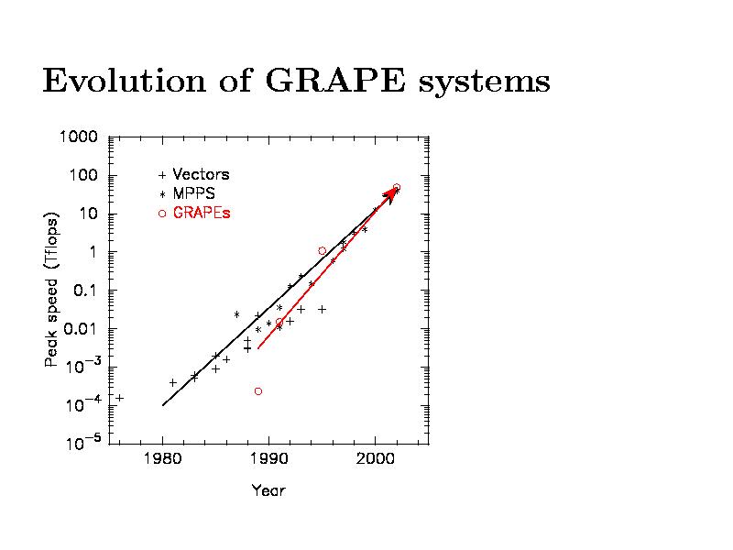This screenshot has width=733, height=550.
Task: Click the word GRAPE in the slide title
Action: click(335, 82)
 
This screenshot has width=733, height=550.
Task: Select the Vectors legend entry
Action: click(201, 174)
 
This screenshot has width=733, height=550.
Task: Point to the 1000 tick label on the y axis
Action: click(80, 137)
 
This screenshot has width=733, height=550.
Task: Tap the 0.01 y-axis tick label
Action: click(81, 328)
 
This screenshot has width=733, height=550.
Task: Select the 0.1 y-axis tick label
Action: click(84, 291)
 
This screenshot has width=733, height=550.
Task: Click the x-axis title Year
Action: click(268, 490)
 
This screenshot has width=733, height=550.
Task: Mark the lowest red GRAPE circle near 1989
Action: click(258, 391)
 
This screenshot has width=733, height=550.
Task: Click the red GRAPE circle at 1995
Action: click(322, 251)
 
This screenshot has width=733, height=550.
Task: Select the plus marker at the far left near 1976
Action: click(119, 398)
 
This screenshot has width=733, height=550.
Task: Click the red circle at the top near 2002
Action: click(397, 187)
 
